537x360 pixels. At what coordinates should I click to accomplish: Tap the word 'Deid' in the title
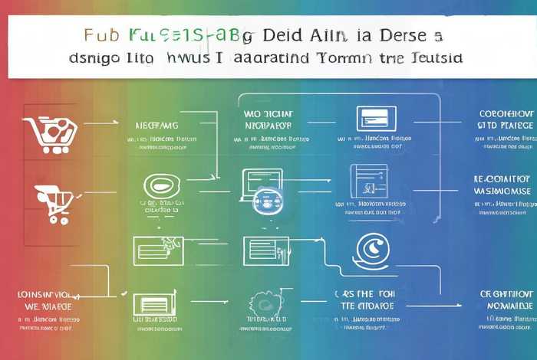click(x=283, y=35)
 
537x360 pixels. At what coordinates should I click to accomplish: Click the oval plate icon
click(x=161, y=186)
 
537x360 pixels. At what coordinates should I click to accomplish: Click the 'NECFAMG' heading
click(x=156, y=124)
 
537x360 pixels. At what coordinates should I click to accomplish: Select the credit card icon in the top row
click(x=376, y=118)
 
